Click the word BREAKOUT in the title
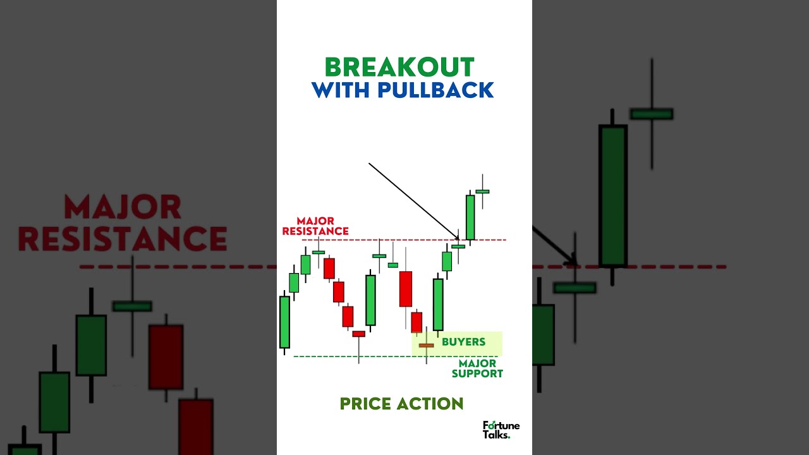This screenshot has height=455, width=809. pos(399,68)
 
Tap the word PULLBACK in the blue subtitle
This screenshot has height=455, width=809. pos(435,90)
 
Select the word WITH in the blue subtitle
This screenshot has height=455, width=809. pos(342,90)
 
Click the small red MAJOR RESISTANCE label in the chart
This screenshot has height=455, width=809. pos(315,226)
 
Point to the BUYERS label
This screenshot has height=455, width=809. pos(463,342)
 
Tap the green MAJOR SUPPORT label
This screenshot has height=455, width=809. pos(477,368)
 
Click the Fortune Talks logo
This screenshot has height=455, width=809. pos(501,430)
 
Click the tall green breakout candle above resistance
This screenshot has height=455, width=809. pos(470,217)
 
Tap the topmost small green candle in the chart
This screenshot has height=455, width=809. pos(482,191)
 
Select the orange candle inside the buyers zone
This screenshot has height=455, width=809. pos(426,345)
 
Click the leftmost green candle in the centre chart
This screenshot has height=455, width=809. pos(284,322)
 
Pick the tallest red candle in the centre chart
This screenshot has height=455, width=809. pos(405,289)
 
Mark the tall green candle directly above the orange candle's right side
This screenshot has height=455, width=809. pos(437,304)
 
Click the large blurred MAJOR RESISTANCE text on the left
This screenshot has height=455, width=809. pos(123,223)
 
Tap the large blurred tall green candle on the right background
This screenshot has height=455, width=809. pos(612,196)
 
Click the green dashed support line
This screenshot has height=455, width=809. pos(379,356)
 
